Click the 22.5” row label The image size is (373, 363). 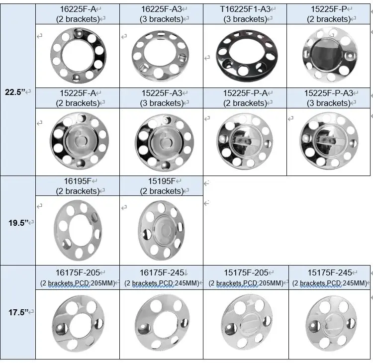[15, 92]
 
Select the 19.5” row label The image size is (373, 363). [18, 223]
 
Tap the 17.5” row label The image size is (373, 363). [18, 312]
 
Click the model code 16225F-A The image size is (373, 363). [78, 9]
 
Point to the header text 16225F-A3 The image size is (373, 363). [162, 9]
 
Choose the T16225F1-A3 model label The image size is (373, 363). [245, 9]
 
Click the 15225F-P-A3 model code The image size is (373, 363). [329, 93]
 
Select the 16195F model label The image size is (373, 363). [78, 181]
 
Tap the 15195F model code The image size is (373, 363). [162, 181]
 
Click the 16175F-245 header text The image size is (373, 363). [162, 272]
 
